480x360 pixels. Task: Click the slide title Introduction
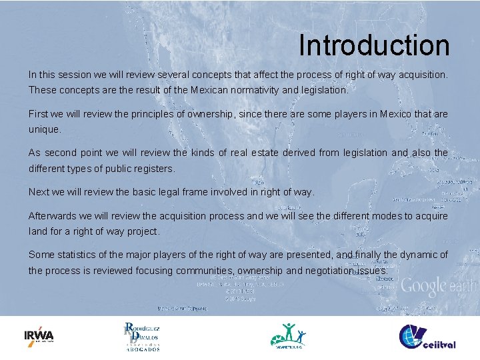coord(374,45)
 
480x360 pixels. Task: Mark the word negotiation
coord(331,271)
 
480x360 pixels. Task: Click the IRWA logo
coord(39,335)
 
